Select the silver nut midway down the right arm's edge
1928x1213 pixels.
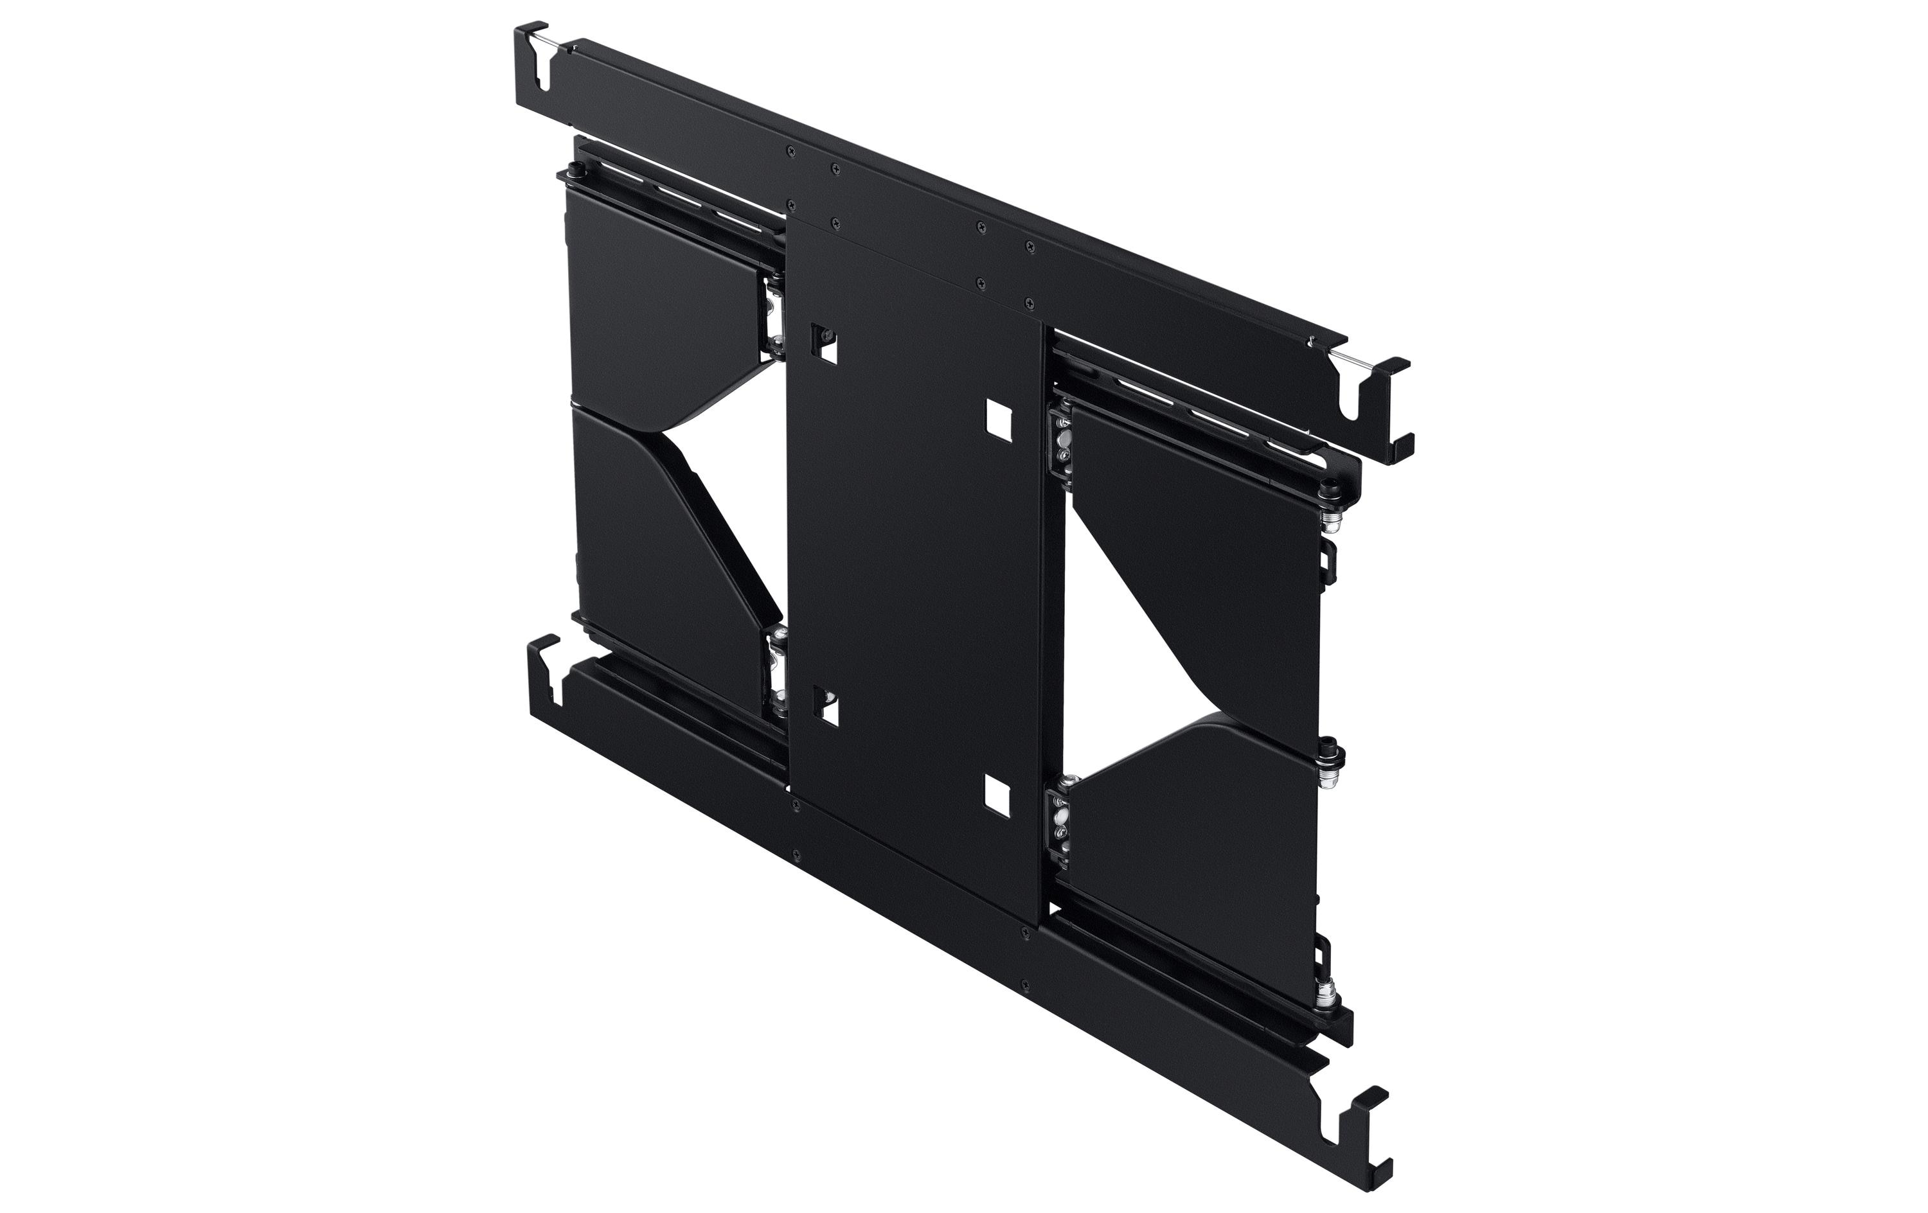click(1332, 759)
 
